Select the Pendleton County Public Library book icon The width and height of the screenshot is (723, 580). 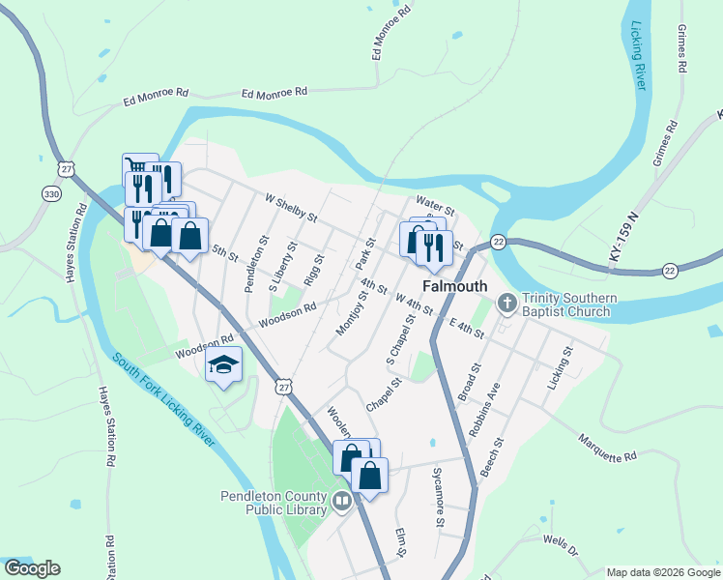point(341,501)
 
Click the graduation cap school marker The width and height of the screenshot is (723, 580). point(223,365)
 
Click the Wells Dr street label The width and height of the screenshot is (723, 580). point(560,544)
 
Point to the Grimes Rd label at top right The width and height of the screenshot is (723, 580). point(682,50)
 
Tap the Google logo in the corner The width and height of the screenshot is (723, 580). point(32,568)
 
